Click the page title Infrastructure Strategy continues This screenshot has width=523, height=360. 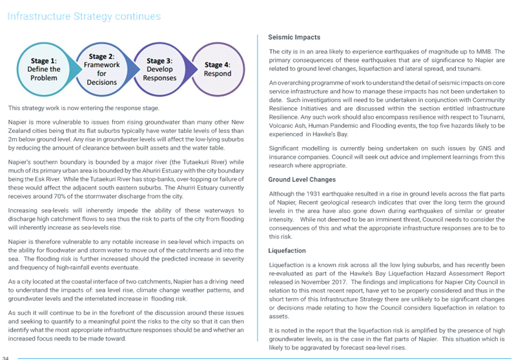click(x=84, y=16)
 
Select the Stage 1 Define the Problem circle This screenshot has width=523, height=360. click(x=44, y=69)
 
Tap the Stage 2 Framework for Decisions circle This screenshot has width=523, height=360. click(x=102, y=69)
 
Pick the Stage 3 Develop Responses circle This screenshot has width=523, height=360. click(x=159, y=69)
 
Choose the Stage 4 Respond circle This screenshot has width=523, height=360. click(x=218, y=69)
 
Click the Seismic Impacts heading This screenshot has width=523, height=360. click(x=294, y=37)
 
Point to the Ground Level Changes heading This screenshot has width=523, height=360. click(x=302, y=179)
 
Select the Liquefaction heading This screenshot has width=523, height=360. click(x=287, y=251)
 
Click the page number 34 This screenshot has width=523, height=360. click(x=5, y=358)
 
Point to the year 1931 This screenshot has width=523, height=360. click(x=313, y=194)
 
